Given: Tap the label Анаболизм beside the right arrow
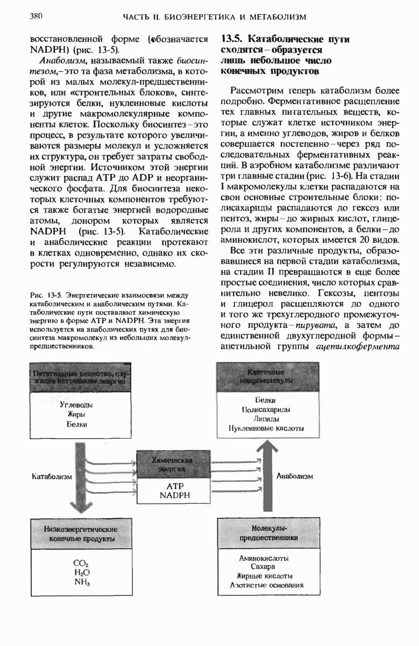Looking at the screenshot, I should click(x=294, y=476).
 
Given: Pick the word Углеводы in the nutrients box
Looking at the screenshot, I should click(x=76, y=404).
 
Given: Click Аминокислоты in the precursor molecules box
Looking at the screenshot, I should click(x=263, y=558).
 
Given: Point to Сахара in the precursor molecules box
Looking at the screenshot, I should click(x=263, y=567).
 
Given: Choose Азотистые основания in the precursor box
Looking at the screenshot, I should click(x=263, y=585).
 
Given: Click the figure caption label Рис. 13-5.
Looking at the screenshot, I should click(x=49, y=295).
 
